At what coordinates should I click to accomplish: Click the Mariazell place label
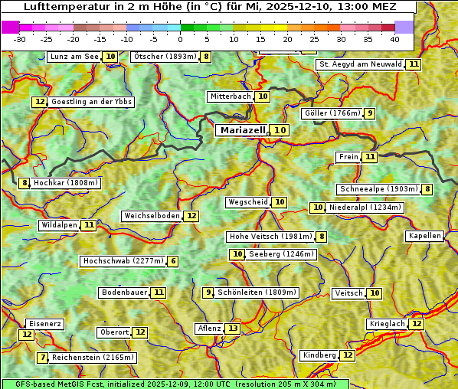coord(242,130)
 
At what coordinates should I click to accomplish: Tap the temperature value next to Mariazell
coord(281,130)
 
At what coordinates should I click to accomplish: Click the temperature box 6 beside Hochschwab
coord(173,261)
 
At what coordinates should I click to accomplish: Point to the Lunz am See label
coord(74,57)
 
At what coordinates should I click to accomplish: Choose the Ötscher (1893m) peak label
coord(164,57)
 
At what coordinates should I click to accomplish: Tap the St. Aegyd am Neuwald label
coord(360,64)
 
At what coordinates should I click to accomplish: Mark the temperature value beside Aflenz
coord(232,329)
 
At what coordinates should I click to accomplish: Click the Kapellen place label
coord(424,236)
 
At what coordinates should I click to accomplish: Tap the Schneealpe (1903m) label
coord(378,189)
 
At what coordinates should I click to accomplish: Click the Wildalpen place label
coord(59,225)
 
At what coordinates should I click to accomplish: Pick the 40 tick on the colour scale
coord(394,38)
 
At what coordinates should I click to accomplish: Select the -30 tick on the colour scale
coord(21,38)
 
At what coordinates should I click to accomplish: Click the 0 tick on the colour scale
coord(180,38)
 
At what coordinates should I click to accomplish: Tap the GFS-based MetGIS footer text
coord(175,384)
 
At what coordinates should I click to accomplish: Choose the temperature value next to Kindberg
coord(348,355)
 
